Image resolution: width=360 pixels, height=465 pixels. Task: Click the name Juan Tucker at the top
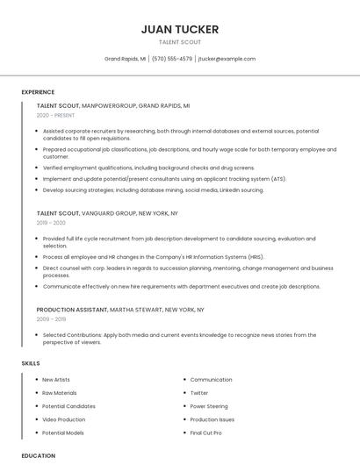pyautogui.click(x=180, y=29)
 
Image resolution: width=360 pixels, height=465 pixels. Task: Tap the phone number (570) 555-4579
pyautogui.click(x=172, y=59)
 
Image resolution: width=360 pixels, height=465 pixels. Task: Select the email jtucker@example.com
pyautogui.click(x=227, y=59)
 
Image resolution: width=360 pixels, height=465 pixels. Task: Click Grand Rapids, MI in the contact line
pyautogui.click(x=125, y=59)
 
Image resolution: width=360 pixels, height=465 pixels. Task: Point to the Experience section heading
pyautogui.click(x=38, y=92)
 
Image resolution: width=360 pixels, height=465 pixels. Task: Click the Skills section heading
pyautogui.click(x=31, y=363)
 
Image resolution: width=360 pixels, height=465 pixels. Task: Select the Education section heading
pyautogui.click(x=38, y=455)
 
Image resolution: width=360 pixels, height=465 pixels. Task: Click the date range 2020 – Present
pyautogui.click(x=55, y=115)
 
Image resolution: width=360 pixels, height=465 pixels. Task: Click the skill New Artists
pyautogui.click(x=57, y=380)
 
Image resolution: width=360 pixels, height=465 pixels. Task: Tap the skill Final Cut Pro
pyautogui.click(x=205, y=433)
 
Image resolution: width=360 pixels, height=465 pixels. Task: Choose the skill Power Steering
pyautogui.click(x=209, y=406)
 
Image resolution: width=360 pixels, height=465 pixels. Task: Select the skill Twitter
pyautogui.click(x=199, y=393)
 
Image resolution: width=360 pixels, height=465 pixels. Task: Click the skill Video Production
pyautogui.click(x=64, y=419)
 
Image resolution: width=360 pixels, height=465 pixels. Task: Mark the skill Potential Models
pyautogui.click(x=63, y=433)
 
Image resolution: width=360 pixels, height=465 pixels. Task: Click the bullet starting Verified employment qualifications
pyautogui.click(x=148, y=168)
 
